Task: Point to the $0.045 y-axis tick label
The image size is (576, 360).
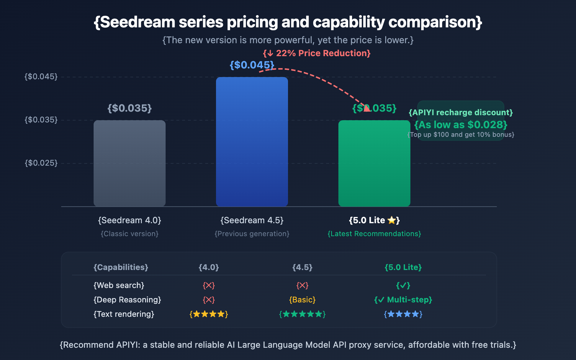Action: [41, 76]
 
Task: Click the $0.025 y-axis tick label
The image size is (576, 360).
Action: [41, 163]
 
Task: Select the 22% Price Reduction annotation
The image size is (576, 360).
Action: [317, 53]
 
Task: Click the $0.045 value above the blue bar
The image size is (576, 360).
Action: [252, 65]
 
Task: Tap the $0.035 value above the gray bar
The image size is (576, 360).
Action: [130, 108]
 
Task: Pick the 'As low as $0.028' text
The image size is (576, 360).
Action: [461, 125]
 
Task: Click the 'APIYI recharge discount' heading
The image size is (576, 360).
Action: [461, 112]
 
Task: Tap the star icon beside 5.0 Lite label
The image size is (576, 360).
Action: [391, 220]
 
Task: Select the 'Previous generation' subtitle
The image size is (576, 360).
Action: [252, 234]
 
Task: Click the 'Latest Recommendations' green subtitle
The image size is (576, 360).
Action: [374, 234]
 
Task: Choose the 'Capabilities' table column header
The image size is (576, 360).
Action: [121, 267]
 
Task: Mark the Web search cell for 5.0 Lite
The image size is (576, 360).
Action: [403, 285]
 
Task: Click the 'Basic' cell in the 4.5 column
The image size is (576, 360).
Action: [302, 300]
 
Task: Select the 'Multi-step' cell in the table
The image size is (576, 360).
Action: [403, 300]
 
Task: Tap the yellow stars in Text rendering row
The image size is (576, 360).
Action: [209, 314]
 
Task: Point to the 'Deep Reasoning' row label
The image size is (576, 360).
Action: [127, 300]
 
